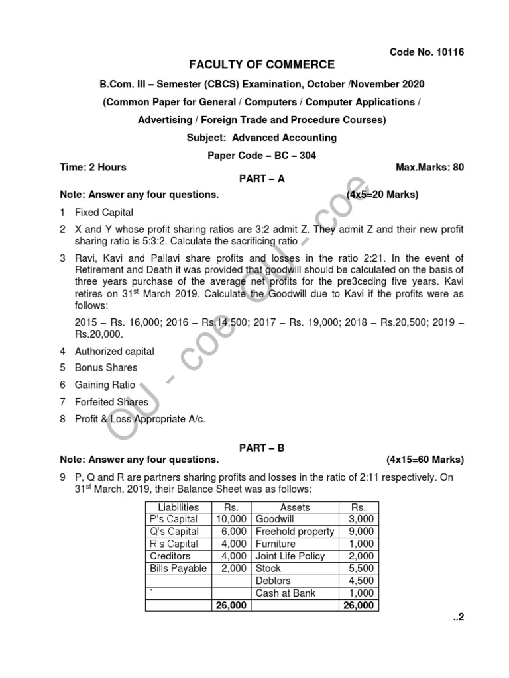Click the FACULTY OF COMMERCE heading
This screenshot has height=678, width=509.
coord(262,65)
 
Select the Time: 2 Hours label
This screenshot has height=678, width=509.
coord(93,167)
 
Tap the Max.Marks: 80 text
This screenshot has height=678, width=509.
coord(429,167)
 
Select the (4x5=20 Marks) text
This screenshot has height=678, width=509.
coord(382,195)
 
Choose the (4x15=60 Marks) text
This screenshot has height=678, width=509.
coord(425,460)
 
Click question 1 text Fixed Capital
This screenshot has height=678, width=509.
coord(104,213)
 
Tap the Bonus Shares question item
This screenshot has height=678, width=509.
coord(107,367)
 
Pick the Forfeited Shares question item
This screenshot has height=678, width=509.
coord(112,402)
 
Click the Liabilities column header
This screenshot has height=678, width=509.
coord(178,507)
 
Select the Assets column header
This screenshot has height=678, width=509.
coord(295,507)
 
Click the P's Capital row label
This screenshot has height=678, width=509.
coord(174,519)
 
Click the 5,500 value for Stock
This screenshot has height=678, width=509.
coord(361,569)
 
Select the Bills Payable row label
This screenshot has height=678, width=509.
coord(178,569)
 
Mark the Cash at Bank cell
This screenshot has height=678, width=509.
coord(286,593)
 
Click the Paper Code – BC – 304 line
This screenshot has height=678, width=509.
coord(262,156)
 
